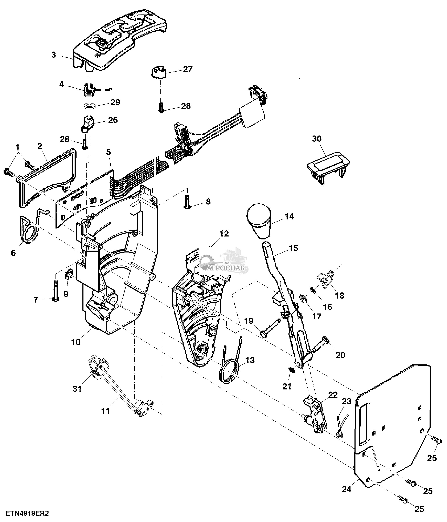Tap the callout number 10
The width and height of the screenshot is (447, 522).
76,342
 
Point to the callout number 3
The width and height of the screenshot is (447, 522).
54,55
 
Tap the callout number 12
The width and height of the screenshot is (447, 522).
224,234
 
